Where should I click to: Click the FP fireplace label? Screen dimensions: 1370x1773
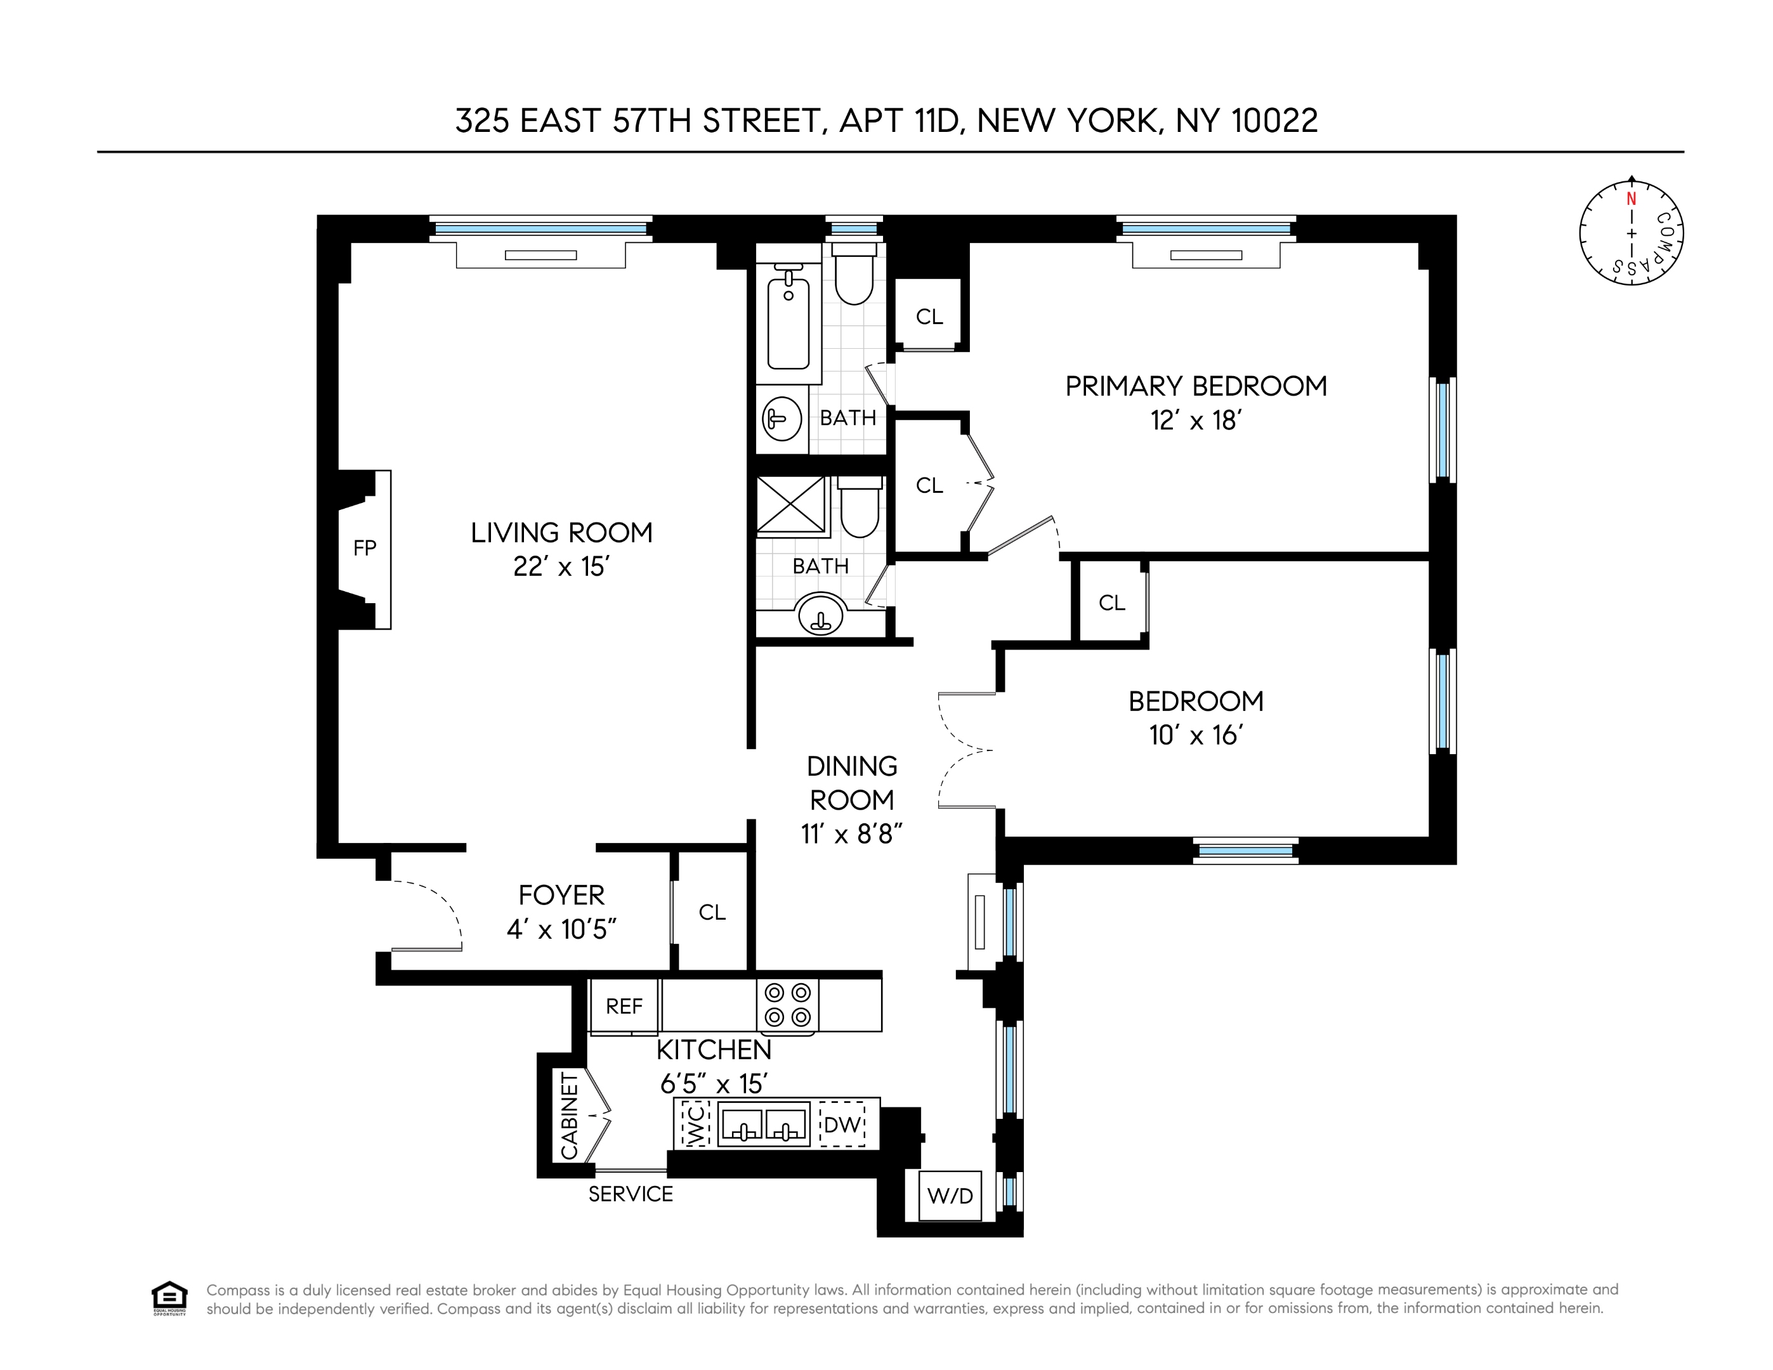365,549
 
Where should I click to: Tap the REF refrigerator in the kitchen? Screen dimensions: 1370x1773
624,1007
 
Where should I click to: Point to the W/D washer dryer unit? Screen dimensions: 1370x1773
950,1196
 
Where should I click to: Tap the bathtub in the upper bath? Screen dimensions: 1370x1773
788,323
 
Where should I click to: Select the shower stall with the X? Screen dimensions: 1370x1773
790,505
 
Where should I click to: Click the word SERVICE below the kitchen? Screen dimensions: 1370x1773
631,1194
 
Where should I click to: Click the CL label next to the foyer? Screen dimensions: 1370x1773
712,912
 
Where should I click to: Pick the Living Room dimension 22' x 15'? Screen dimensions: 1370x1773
561,566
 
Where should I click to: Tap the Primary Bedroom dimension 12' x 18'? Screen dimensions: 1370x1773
1196,421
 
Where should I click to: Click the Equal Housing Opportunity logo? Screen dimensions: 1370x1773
169,1298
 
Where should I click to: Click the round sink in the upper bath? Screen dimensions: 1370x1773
782,419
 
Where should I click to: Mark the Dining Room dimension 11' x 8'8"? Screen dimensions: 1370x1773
851,833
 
